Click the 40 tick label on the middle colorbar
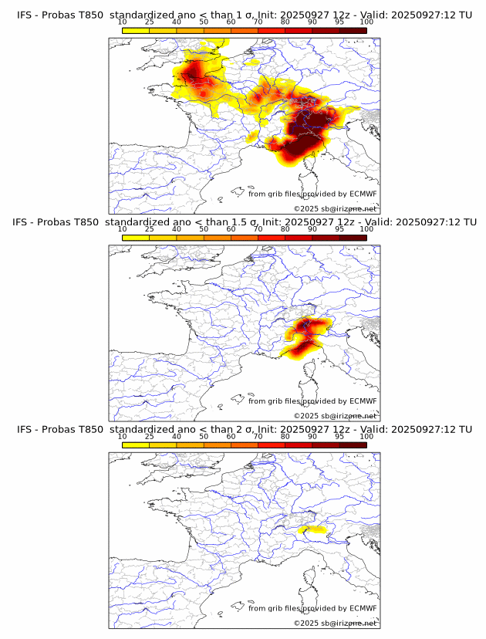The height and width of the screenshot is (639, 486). (177, 229)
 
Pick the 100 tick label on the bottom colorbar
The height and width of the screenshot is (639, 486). (366, 436)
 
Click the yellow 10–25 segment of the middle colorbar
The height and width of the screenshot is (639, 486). (136, 237)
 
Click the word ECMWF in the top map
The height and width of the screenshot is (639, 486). (363, 194)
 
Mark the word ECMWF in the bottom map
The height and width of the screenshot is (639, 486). (363, 608)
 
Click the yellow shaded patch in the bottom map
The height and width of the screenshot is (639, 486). (312, 529)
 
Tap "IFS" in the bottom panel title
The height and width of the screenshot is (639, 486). (25, 429)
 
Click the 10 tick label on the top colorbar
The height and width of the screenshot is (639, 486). (123, 22)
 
